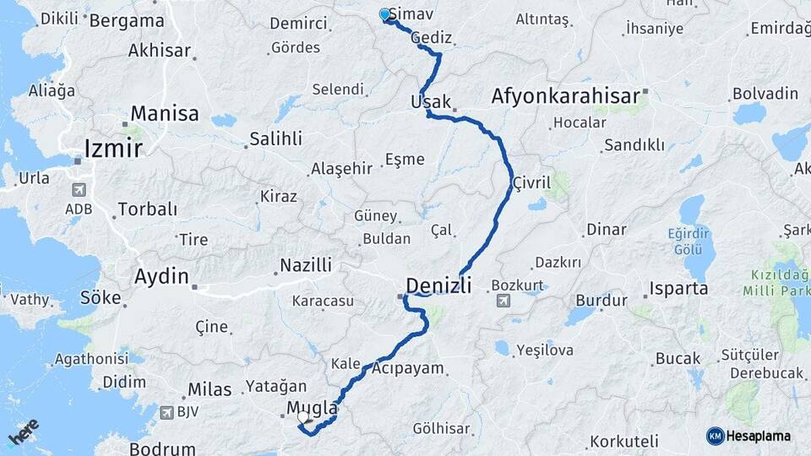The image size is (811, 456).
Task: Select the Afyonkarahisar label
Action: (565, 96)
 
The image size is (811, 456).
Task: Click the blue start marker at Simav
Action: (385, 14)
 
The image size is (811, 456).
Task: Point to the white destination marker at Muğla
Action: (302, 416)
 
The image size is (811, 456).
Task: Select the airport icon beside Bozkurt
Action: (503, 300)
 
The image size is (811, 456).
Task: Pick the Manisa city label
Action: (165, 113)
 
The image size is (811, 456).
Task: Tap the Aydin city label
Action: (161, 275)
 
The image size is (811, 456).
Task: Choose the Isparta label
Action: (678, 289)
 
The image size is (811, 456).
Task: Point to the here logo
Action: (23, 432)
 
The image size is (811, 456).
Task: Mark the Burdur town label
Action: (601, 300)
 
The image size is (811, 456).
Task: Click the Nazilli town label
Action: (306, 265)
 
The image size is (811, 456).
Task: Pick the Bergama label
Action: (127, 20)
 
